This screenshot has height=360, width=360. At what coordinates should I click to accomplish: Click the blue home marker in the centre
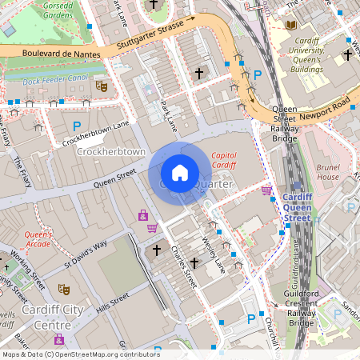pyautogui.click(x=180, y=173)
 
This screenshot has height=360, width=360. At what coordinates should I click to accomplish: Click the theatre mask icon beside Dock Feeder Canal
pyautogui.click(x=101, y=85)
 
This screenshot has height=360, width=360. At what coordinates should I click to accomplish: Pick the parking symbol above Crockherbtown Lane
pyautogui.click(x=78, y=126)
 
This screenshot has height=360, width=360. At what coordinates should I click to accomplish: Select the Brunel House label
pyautogui.click(x=328, y=171)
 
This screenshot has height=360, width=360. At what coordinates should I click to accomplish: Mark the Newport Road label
pyautogui.click(x=327, y=105)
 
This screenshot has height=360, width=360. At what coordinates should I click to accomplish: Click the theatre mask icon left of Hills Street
pyautogui.click(x=63, y=289)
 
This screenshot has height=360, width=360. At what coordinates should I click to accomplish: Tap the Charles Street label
pyautogui.click(x=184, y=267)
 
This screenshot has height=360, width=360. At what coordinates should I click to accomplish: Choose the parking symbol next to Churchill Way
pyautogui.click(x=251, y=318)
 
